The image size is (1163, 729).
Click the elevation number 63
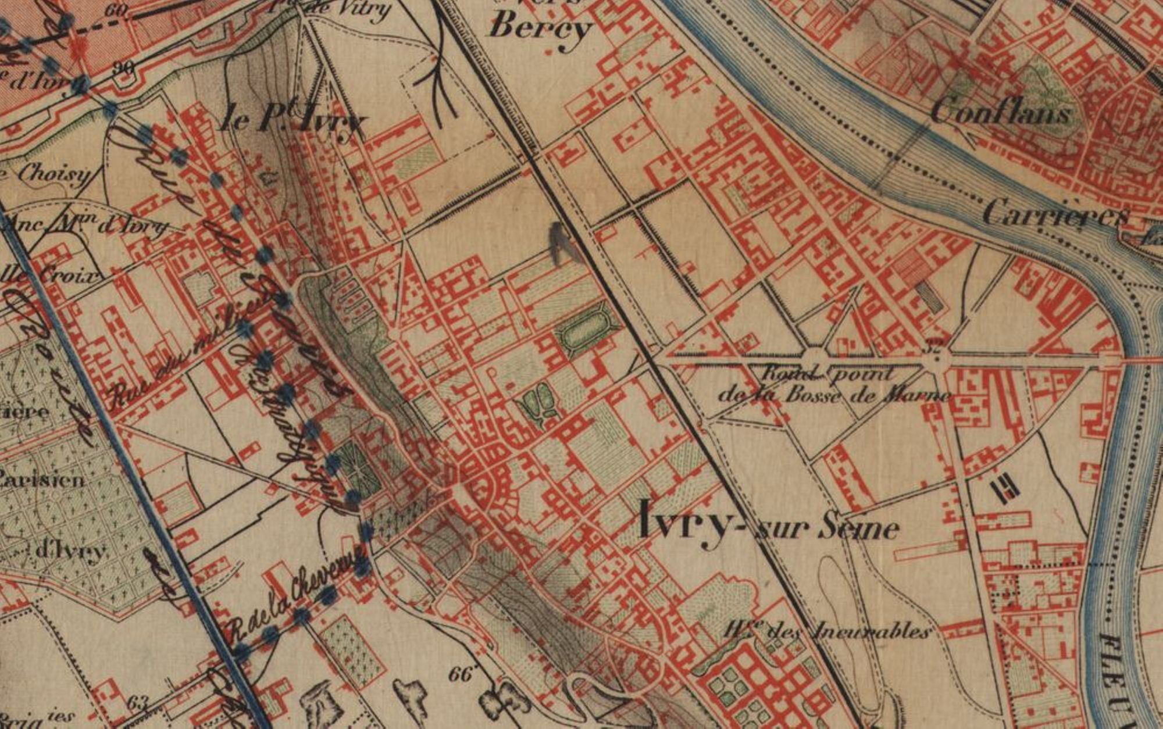137,702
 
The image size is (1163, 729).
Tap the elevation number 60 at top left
117,10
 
